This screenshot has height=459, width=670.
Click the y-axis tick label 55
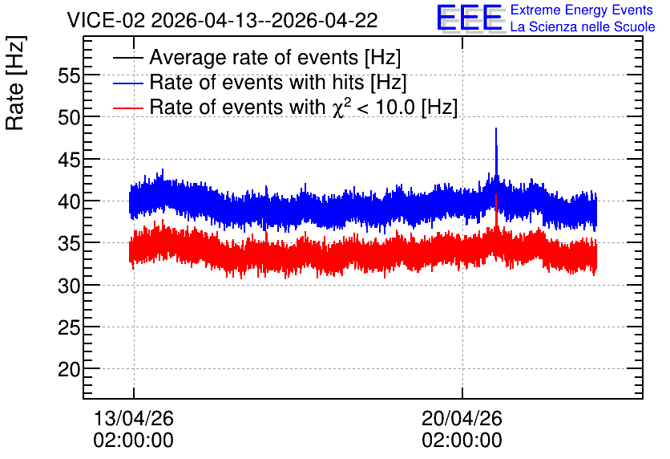click(x=69, y=76)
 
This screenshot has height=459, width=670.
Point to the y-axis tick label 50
click(x=69, y=118)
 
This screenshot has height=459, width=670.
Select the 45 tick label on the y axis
click(x=69, y=160)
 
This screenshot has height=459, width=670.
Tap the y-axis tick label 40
click(x=69, y=201)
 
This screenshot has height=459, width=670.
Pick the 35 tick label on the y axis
click(x=69, y=244)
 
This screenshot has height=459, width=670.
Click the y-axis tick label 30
click(x=69, y=286)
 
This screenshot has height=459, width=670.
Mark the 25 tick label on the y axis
click(x=69, y=327)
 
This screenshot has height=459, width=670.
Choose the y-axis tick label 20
click(x=69, y=369)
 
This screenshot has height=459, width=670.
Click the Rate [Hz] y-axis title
click(x=15, y=83)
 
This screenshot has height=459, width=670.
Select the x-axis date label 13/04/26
click(x=133, y=418)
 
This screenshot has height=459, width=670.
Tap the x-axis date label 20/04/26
click(x=462, y=418)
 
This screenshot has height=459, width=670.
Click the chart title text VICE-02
click(x=107, y=20)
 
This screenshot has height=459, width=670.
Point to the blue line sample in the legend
click(x=127, y=83)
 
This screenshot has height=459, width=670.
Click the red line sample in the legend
click(x=127, y=108)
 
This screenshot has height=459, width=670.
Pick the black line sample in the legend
click(x=127, y=58)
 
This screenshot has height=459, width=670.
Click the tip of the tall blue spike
click(x=496, y=128)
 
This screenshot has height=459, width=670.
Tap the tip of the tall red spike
click(x=496, y=195)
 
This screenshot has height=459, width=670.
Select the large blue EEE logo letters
click(x=470, y=18)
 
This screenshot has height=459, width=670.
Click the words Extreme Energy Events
click(x=582, y=10)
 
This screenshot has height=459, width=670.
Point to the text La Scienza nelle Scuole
click(x=583, y=27)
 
